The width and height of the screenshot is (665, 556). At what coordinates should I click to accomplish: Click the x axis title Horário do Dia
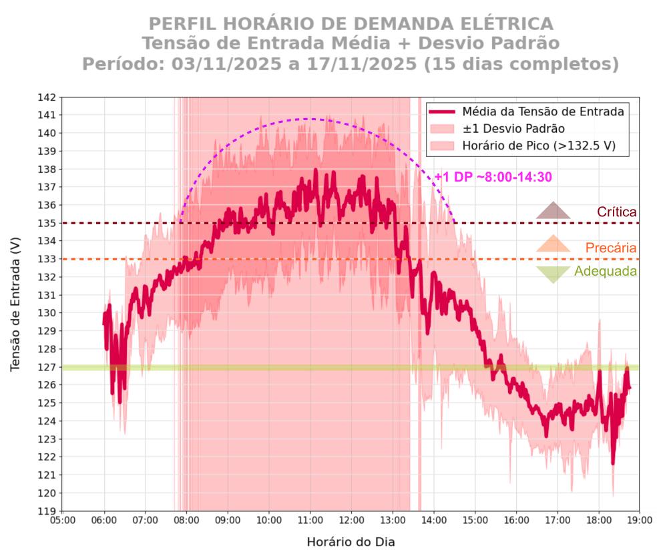click(x=351, y=542)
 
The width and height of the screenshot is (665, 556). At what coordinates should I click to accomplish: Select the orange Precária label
click(x=610, y=248)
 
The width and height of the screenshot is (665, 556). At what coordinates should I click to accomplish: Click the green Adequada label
click(x=605, y=272)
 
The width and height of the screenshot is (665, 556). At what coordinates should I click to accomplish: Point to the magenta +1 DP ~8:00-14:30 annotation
click(x=493, y=177)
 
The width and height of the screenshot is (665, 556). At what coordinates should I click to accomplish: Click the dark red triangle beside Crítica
click(x=553, y=211)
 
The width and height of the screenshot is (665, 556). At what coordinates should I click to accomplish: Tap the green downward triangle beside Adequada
click(x=553, y=274)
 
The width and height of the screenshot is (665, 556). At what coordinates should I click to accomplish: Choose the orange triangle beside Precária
click(x=553, y=244)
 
